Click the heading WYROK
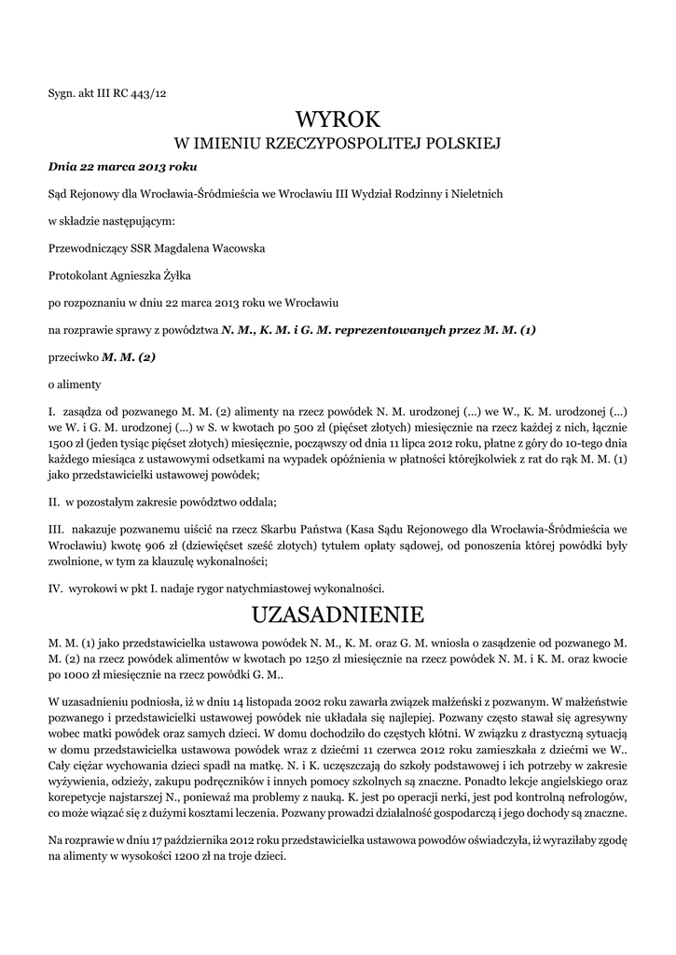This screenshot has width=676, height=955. (338, 119)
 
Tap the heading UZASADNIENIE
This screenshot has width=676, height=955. (338, 615)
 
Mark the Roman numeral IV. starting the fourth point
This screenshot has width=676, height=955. (54, 588)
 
